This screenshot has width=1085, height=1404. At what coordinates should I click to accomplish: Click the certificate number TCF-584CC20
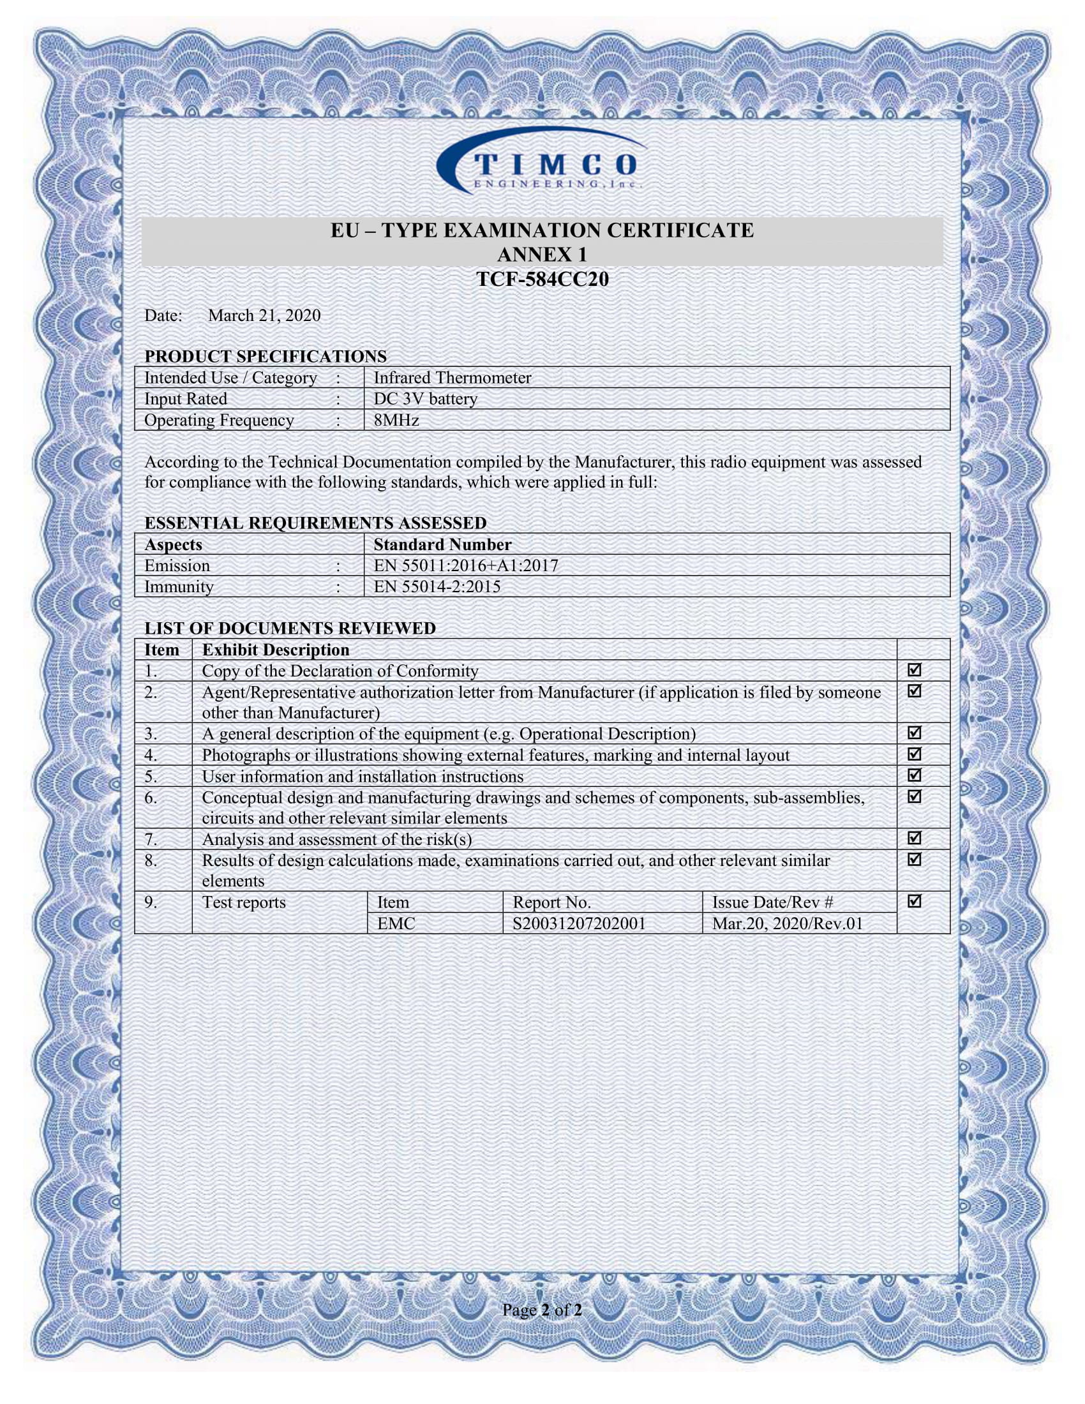[542, 280]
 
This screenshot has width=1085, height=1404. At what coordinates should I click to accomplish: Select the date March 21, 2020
[264, 316]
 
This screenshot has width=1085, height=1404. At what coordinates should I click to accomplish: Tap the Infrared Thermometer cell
[453, 377]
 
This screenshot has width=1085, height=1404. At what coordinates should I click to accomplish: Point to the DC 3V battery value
[426, 399]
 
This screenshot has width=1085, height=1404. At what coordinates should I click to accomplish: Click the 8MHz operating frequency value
[396, 420]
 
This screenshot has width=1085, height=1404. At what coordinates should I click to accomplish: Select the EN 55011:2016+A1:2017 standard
[466, 565]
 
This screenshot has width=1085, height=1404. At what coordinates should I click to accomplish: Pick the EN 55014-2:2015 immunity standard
[437, 586]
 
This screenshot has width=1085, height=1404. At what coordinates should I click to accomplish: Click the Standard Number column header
[442, 544]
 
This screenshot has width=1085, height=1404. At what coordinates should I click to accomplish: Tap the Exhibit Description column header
[276, 650]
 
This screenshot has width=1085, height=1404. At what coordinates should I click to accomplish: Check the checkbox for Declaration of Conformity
[914, 670]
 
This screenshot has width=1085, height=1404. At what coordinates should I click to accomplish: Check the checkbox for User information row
[914, 775]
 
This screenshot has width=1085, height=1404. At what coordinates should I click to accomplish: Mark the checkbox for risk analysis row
[914, 839]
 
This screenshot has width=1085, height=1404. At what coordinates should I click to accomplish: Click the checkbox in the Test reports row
[914, 901]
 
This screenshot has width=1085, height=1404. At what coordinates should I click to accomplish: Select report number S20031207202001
[578, 924]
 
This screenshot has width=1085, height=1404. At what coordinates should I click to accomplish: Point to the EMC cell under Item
[396, 924]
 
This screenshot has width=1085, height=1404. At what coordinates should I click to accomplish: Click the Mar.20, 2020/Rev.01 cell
[788, 924]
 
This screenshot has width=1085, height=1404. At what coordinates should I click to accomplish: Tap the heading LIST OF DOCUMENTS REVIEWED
[290, 628]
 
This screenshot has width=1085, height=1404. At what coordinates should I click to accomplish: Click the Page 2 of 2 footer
[542, 1310]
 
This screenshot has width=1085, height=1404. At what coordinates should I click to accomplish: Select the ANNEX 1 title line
[542, 255]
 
